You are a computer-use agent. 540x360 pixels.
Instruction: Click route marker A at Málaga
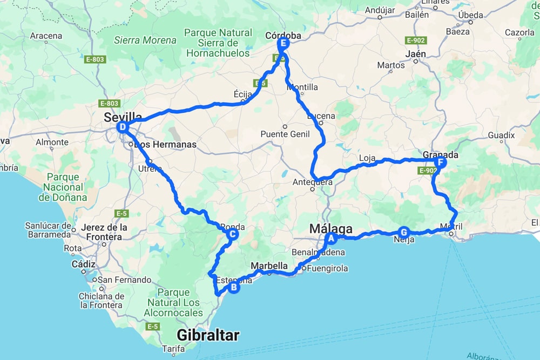click(331, 238)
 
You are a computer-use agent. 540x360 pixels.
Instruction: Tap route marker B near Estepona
click(234, 288)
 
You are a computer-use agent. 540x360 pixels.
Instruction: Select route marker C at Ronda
click(232, 234)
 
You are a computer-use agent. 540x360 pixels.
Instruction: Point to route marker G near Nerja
click(403, 233)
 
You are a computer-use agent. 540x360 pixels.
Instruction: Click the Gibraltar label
click(208, 335)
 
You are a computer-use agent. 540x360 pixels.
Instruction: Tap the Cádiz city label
click(83, 264)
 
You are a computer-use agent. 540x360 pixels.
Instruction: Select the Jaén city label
click(415, 54)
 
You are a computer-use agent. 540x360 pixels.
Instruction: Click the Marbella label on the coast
click(269, 266)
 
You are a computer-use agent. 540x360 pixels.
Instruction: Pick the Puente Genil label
click(285, 134)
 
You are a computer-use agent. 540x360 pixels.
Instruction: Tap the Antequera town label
click(314, 182)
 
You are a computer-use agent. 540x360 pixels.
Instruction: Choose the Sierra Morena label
click(145, 40)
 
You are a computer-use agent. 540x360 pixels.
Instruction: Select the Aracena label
click(46, 36)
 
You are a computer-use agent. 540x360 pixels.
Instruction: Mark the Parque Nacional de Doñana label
click(63, 187)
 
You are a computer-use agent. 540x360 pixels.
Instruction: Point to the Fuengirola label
click(328, 268)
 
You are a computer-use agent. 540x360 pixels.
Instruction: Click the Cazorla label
click(519, 32)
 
